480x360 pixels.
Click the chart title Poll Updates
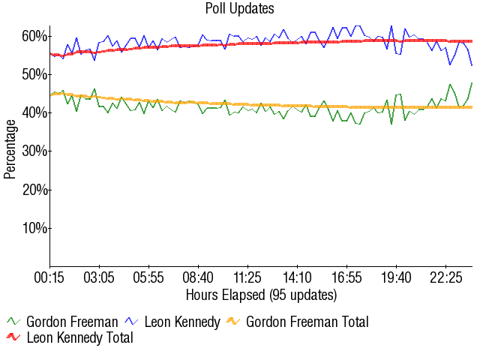[240, 9]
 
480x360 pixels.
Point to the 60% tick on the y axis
[35, 36]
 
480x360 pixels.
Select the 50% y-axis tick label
[35, 74]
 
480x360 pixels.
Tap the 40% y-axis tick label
[35, 112]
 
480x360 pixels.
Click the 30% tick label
[35, 151]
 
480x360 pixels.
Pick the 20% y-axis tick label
[35, 190]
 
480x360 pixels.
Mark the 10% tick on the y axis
[35, 228]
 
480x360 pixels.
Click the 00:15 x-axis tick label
[49, 278]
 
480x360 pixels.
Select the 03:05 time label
[99, 278]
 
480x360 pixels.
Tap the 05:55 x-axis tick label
[148, 278]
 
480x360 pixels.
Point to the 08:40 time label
[198, 278]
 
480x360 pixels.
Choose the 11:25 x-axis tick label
[247, 278]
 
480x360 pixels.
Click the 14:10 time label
[297, 278]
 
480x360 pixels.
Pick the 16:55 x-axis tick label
[346, 278]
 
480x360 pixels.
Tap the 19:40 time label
[396, 278]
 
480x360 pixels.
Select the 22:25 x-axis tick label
[445, 278]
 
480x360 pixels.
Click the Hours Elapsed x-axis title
[261, 294]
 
